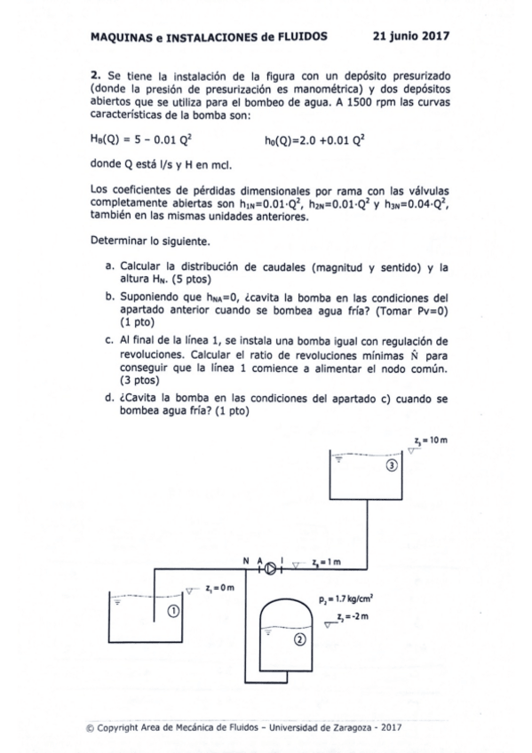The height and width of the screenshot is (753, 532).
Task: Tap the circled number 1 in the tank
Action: pos(173,612)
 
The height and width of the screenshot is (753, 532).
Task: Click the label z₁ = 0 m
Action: pos(218,588)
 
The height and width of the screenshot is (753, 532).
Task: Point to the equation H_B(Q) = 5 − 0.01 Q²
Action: pos(142,140)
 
